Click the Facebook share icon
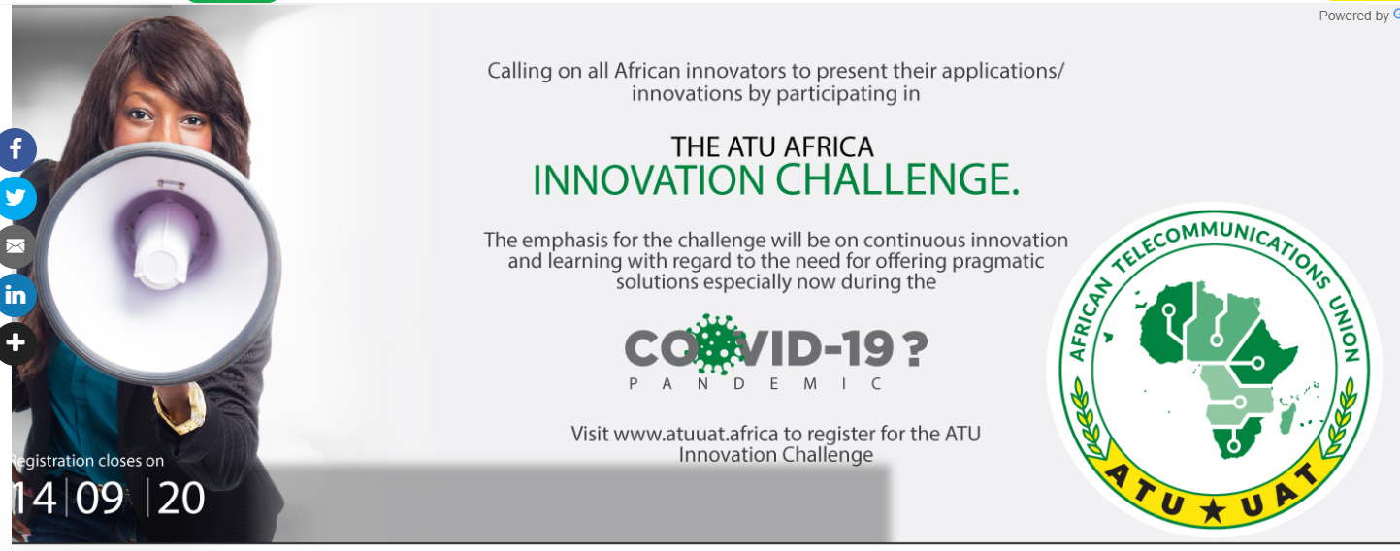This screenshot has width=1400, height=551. pyautogui.click(x=16, y=149)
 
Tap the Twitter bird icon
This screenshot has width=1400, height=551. pyautogui.click(x=16, y=198)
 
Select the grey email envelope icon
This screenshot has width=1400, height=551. pyautogui.click(x=16, y=246)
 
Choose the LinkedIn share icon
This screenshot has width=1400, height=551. pyautogui.click(x=16, y=295)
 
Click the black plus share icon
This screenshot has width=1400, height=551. pyautogui.click(x=16, y=343)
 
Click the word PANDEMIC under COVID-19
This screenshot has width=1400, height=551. pyautogui.click(x=756, y=383)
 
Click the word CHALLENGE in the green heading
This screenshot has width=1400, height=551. pyautogui.click(x=897, y=179)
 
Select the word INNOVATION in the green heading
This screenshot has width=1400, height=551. pyautogui.click(x=648, y=180)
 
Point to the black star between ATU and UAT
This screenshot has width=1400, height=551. pyautogui.click(x=1213, y=510)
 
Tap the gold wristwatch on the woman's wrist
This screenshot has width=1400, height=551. pyautogui.click(x=181, y=409)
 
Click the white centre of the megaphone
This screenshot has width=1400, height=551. pyautogui.click(x=162, y=262)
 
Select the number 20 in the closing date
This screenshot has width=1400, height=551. pyautogui.click(x=180, y=499)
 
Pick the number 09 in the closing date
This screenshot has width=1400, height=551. pyautogui.click(x=99, y=499)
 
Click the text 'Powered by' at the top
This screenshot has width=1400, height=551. pyautogui.click(x=1353, y=16)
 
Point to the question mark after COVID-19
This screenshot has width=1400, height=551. pyautogui.click(x=915, y=348)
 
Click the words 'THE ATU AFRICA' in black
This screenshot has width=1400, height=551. pyautogui.click(x=772, y=146)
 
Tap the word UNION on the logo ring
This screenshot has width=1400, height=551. pyautogui.click(x=1343, y=328)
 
